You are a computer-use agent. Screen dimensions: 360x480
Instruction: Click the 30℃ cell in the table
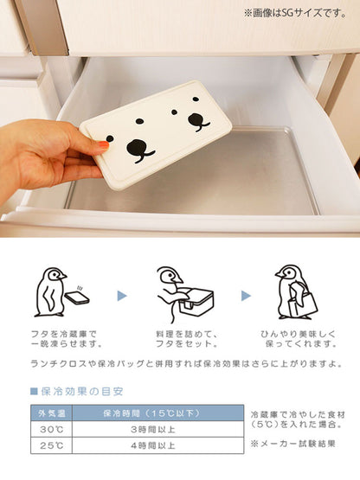tap(51, 429)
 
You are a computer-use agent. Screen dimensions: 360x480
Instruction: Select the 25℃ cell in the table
tap(51, 445)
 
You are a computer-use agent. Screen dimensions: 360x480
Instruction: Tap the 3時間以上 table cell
tap(157, 429)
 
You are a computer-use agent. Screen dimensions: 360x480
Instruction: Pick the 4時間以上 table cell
tap(157, 445)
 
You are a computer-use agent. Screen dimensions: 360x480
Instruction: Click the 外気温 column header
tap(51, 413)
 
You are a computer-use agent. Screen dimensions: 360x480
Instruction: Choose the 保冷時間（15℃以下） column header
tap(157, 413)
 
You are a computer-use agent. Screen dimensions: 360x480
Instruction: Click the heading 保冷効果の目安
tap(82, 391)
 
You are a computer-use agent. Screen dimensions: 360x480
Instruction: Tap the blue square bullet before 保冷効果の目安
tap(34, 391)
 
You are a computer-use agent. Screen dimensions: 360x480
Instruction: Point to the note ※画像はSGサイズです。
tap(295, 13)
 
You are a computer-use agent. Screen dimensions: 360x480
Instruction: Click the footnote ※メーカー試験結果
tap(292, 444)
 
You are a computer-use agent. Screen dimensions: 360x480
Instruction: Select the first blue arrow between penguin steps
tap(122, 296)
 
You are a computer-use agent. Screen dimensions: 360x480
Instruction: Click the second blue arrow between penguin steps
tap(246, 296)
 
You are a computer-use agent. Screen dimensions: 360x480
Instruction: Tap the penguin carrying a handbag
tap(295, 292)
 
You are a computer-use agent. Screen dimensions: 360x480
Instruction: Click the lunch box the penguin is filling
tap(196, 302)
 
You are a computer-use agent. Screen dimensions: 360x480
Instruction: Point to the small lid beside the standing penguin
tap(77, 298)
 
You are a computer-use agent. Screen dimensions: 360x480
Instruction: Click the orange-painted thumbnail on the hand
tap(104, 144)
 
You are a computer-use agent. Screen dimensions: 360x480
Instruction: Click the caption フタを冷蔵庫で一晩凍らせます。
tap(67, 339)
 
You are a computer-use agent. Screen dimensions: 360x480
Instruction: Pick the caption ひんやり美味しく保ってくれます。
tap(299, 339)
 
